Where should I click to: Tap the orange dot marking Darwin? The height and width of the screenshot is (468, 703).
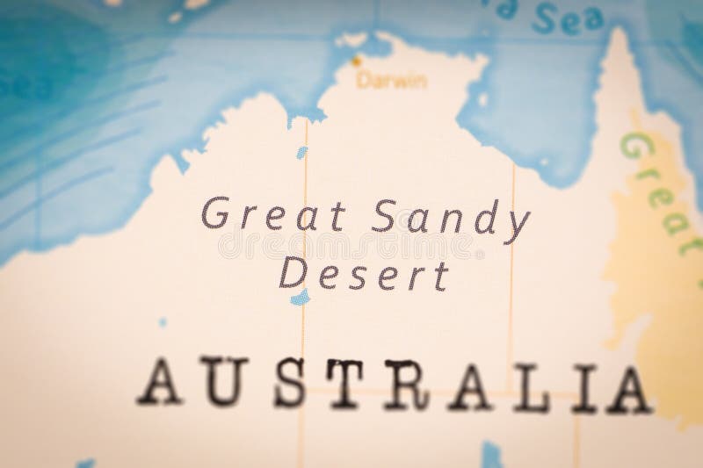tap(357, 61)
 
